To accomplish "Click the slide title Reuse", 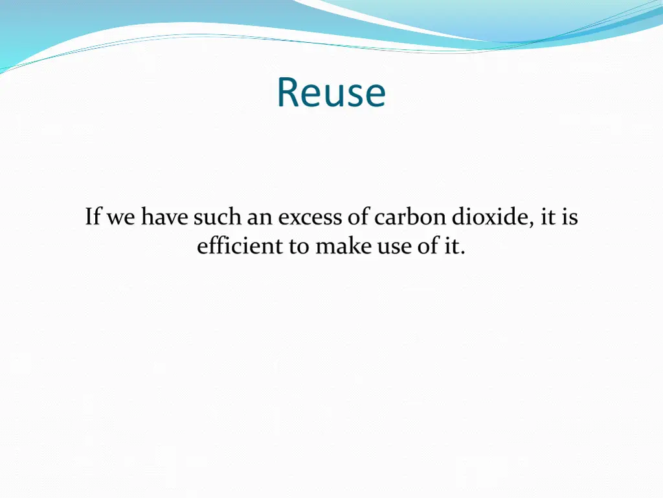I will (331, 93).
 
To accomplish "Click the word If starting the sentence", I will (93, 217).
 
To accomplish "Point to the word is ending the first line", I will (570, 217).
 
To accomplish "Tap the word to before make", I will (300, 247).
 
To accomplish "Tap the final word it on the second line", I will (451, 246).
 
